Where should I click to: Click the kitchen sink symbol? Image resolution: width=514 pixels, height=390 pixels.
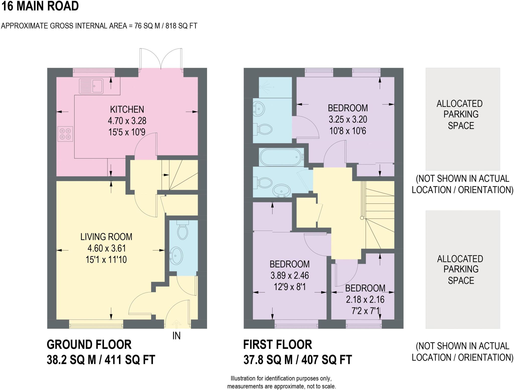click(x=91, y=86)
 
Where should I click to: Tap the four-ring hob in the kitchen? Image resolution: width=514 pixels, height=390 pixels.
click(x=65, y=134)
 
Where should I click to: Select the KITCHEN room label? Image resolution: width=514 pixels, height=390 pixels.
click(x=127, y=109)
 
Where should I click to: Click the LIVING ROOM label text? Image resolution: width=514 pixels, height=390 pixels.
click(x=106, y=237)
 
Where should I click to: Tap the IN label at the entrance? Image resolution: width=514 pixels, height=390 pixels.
click(x=176, y=336)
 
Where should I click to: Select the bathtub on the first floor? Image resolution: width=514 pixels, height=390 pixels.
click(x=281, y=157)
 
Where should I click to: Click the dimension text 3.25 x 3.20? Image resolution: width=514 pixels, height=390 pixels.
click(x=348, y=120)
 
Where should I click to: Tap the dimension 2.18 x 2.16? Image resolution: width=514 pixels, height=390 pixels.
click(x=365, y=300)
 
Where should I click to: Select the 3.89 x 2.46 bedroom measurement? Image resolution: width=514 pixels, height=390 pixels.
click(x=289, y=276)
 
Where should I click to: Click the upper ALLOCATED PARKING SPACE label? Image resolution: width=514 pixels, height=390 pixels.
click(x=461, y=115)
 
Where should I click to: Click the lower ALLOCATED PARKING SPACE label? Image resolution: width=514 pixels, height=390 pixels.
click(x=461, y=269)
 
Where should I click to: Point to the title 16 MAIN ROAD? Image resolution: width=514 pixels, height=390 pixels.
click(x=40, y=6)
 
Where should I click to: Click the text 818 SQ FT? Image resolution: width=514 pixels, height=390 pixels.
click(x=181, y=26)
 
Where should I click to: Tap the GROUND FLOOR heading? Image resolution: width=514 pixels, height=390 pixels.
click(x=89, y=345)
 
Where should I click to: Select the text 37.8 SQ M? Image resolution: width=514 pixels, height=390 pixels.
click(x=268, y=360)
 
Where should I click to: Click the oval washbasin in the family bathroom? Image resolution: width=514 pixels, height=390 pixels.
click(x=282, y=190)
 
